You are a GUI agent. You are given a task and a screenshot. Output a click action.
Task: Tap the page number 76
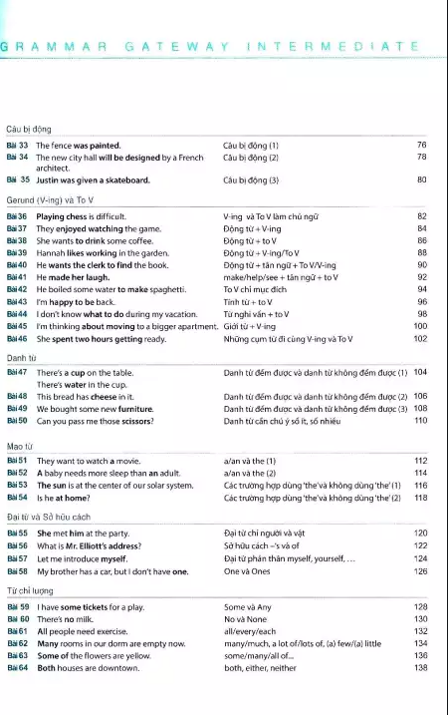pos(421,146)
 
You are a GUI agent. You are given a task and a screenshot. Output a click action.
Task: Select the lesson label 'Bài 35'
pos(18,180)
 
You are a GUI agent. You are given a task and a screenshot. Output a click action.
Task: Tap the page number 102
pos(419,338)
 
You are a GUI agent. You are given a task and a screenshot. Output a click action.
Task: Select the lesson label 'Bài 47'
pos(18,372)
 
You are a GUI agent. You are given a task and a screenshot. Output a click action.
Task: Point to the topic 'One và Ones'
pos(248,571)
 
